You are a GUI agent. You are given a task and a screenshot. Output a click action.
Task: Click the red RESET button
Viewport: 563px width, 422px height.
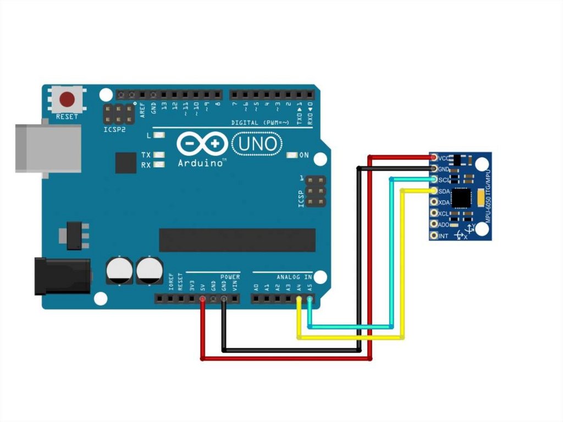point(68,100)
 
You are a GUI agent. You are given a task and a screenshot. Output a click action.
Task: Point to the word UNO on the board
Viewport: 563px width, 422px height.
point(258,145)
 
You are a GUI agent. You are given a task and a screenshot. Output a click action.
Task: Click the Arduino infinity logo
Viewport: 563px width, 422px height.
point(202,145)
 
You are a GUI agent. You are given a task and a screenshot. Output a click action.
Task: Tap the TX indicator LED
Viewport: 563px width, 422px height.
point(159,155)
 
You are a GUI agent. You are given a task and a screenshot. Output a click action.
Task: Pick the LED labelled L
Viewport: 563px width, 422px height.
point(159,135)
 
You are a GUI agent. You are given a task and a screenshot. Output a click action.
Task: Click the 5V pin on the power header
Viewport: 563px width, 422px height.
point(203,299)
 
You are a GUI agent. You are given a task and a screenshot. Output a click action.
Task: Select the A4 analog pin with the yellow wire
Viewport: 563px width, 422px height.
point(299,299)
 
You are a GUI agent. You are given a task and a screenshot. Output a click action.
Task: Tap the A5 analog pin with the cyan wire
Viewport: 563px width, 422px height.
point(310,299)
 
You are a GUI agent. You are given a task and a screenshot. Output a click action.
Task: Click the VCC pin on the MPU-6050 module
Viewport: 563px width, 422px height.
point(434,158)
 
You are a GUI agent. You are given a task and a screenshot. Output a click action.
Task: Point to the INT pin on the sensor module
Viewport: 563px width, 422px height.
point(434,235)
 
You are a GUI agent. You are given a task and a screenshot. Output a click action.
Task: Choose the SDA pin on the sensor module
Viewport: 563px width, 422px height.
point(434,191)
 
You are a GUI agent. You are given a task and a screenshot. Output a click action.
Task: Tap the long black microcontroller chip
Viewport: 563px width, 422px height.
point(237,240)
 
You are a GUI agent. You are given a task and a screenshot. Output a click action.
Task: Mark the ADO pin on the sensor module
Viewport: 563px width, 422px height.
point(434,224)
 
